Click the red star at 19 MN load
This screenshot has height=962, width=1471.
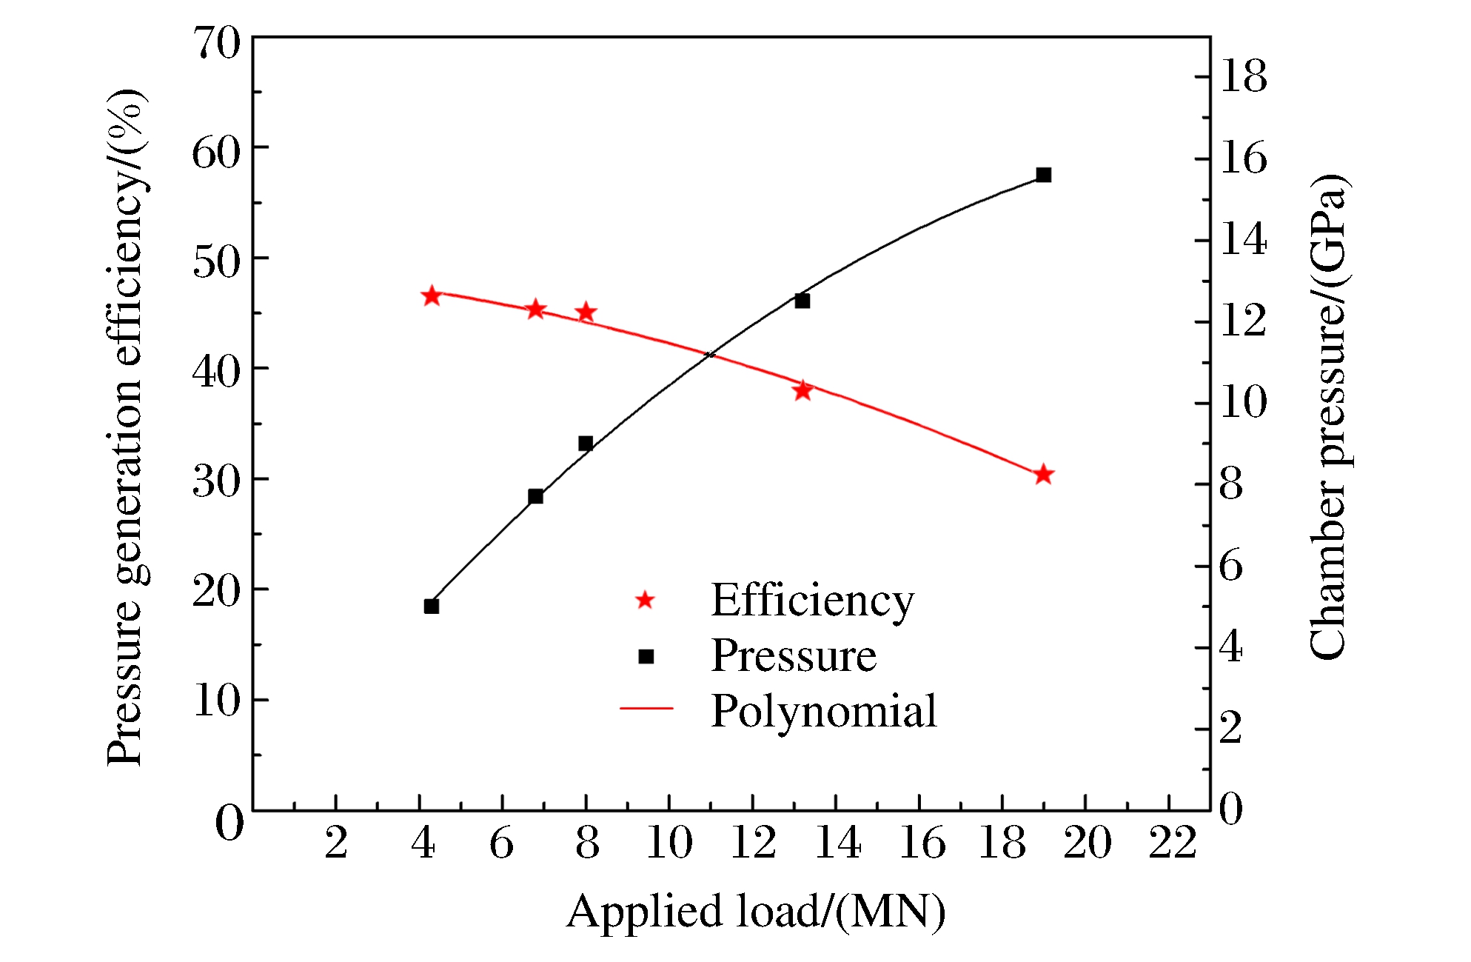[1043, 475]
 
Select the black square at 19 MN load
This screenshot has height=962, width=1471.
[1043, 175]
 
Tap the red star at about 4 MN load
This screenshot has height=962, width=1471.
[432, 296]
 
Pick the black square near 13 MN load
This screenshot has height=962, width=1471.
[802, 301]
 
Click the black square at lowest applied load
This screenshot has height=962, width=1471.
[432, 607]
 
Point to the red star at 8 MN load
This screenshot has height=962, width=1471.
[586, 313]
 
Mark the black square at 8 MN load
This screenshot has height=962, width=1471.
[586, 444]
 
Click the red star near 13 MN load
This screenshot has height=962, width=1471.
[802, 390]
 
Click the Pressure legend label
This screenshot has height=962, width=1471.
[794, 655]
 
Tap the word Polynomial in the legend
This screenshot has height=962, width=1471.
[823, 711]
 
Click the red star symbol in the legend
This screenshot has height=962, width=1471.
[645, 600]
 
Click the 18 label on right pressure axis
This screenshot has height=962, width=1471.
[1243, 76]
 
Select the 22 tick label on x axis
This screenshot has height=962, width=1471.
[1172, 843]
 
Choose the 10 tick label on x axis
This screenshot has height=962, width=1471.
[669, 843]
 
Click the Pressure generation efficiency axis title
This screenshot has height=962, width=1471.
[126, 427]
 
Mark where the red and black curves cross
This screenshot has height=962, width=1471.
[709, 355]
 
